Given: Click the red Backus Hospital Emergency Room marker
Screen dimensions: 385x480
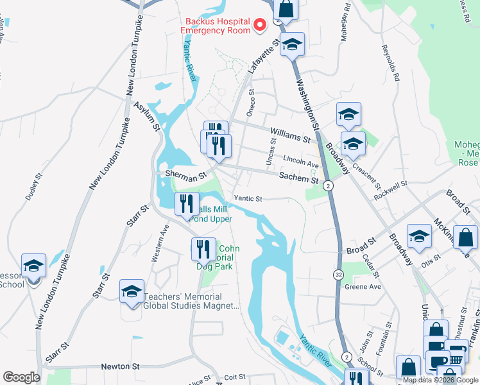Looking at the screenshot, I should pos(260,25).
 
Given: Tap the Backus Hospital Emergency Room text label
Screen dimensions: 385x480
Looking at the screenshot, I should pos(214,25).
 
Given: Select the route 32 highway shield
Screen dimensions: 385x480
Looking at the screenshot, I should pos(338,274).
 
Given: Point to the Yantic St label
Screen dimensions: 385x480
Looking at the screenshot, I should pos(248,199).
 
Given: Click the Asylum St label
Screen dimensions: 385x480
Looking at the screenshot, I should pos(146,112).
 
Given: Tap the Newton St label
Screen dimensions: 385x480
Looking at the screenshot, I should pos(120,366).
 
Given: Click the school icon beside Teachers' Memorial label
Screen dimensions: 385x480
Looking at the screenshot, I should pos(132,291).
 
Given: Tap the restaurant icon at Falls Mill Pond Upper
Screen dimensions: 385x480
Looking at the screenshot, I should pos(187,203).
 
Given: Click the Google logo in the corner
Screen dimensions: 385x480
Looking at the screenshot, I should pos(21,377).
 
